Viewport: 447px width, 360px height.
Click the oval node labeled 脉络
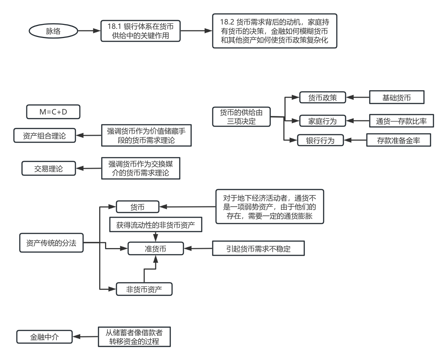(53, 31)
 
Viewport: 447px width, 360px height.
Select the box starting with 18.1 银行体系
(141, 31)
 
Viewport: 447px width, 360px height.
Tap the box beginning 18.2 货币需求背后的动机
(275, 31)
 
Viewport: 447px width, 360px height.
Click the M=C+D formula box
(53, 112)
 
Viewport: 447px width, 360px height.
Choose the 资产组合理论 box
(44, 136)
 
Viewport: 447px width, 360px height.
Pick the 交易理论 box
(49, 169)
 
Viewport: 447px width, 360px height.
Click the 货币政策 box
(323, 98)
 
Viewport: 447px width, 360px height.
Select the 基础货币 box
(396, 98)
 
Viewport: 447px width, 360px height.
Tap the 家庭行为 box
(322, 121)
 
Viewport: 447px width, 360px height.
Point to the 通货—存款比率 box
(401, 121)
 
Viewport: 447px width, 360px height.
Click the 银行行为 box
(320, 140)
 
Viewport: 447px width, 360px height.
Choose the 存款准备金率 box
(399, 140)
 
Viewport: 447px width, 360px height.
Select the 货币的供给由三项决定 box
(241, 117)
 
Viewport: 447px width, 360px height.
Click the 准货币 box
(156, 249)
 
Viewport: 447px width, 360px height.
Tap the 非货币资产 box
(144, 289)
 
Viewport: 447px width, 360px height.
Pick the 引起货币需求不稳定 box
(258, 249)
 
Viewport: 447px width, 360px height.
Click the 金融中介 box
(44, 337)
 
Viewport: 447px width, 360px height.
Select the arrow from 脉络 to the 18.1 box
(89, 31)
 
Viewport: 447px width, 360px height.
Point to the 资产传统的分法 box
(51, 243)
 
